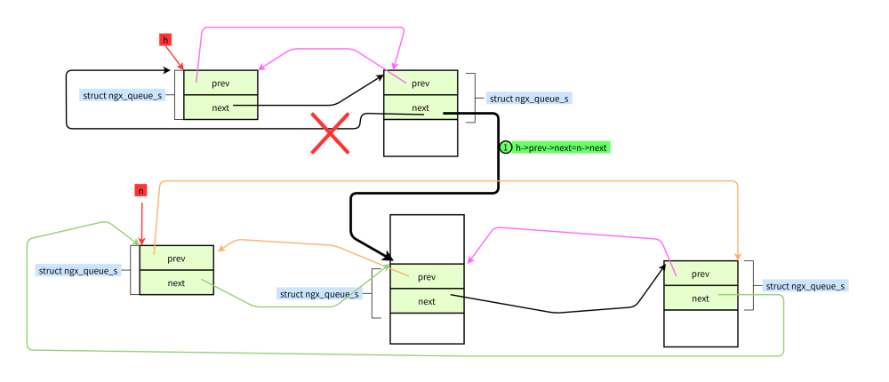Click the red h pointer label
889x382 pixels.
pyautogui.click(x=165, y=39)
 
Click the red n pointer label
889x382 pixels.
pyautogui.click(x=140, y=190)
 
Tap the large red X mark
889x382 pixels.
pyautogui.click(x=330, y=134)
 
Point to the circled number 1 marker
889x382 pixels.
pyautogui.click(x=506, y=147)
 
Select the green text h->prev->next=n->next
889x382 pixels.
pyautogui.click(x=562, y=147)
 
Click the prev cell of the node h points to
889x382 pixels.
pyautogui.click(x=220, y=83)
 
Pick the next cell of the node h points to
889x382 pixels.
pyautogui.click(x=220, y=107)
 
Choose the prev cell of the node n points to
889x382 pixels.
pyautogui.click(x=176, y=259)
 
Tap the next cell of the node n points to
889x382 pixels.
pyautogui.click(x=176, y=283)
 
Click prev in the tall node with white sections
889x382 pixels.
pyautogui.click(x=427, y=276)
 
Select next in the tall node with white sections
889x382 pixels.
pyautogui.click(x=427, y=301)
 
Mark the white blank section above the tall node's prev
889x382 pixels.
pyautogui.click(x=427, y=239)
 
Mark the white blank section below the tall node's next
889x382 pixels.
pyautogui.click(x=427, y=328)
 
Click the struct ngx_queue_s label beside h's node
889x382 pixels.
pyautogui.click(x=123, y=94)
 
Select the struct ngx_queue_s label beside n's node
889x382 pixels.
pyautogui.click(x=78, y=270)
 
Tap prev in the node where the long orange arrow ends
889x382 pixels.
pyautogui.click(x=701, y=274)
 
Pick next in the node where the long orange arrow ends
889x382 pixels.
pyautogui.click(x=701, y=298)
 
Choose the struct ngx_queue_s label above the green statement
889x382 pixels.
pyautogui.click(x=529, y=99)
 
